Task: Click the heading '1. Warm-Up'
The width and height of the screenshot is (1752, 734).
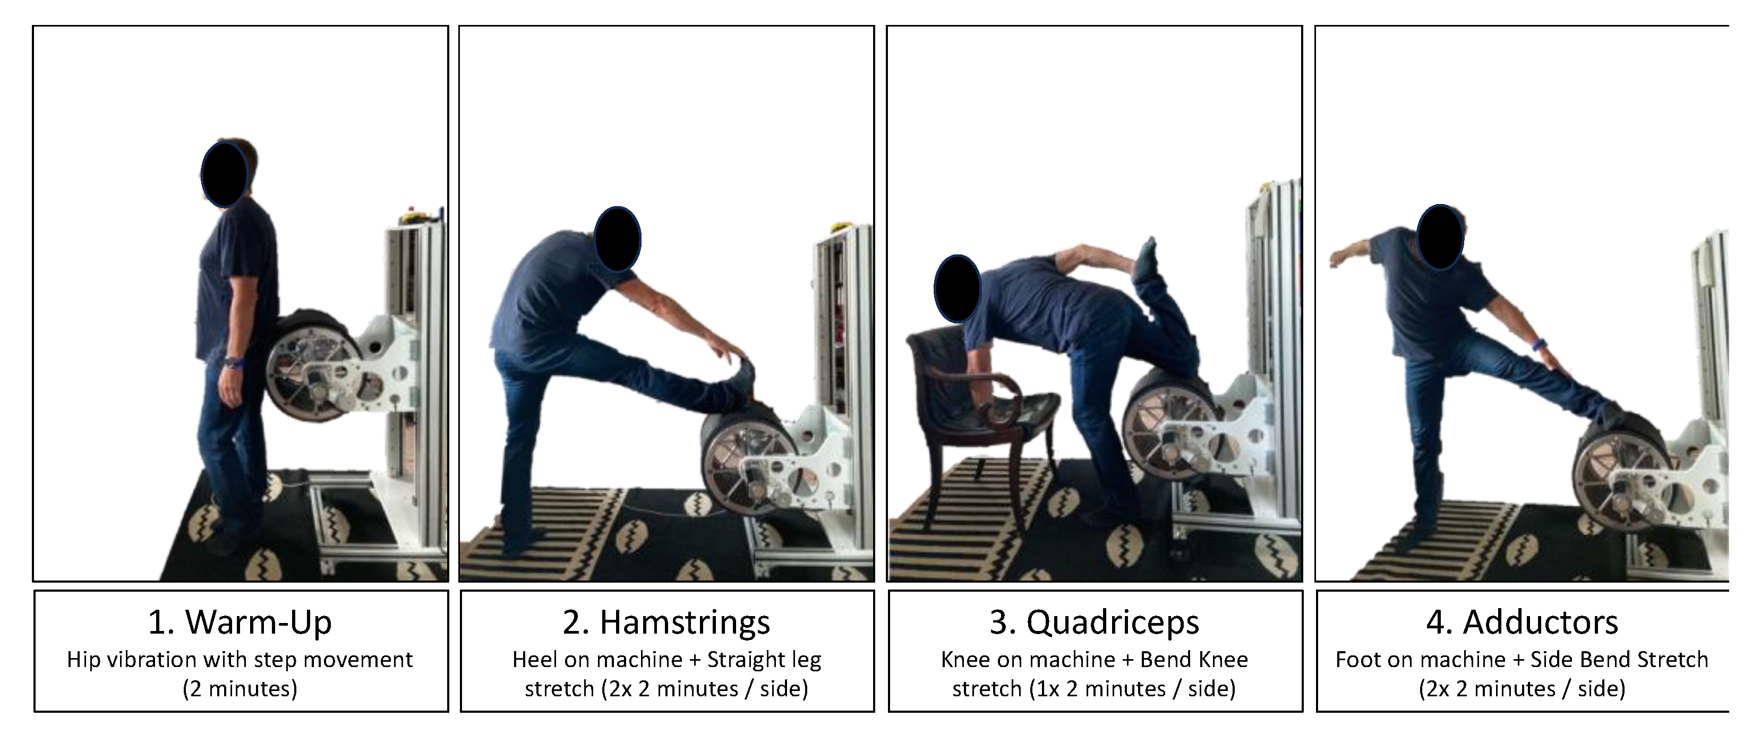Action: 240,622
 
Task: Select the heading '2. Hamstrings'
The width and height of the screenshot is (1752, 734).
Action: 666,622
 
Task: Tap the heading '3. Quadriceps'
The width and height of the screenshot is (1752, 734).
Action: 1095,622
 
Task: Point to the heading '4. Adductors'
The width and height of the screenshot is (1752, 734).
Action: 1522,622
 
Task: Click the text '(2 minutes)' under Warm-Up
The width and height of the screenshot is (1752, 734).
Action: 240,689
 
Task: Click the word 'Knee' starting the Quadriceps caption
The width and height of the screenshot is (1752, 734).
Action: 960,659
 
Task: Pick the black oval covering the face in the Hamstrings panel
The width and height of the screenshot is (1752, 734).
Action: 618,240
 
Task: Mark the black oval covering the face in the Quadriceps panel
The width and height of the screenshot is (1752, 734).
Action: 957,288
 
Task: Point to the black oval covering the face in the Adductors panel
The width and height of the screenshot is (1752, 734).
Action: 1440,237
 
